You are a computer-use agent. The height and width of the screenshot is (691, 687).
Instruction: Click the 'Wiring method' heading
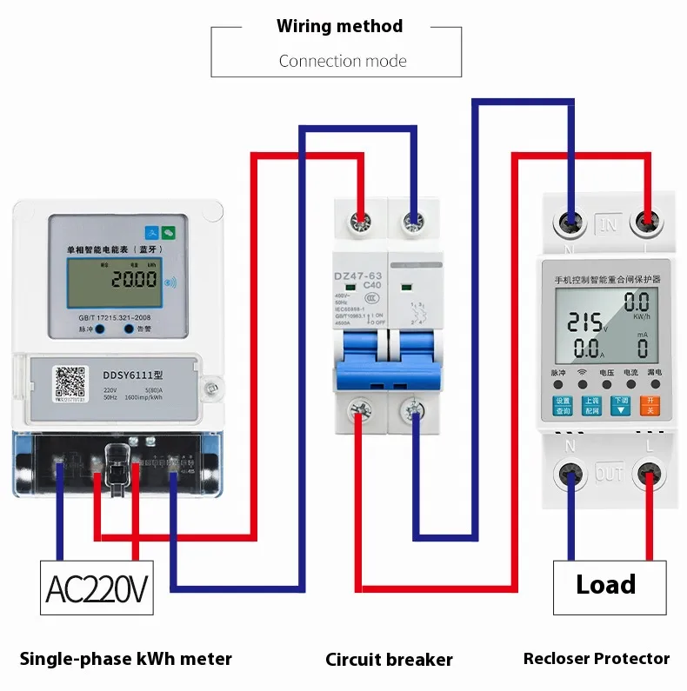[339, 26]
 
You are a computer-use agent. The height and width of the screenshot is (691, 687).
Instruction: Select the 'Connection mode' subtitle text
[343, 61]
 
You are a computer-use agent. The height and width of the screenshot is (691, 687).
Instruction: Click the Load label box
[605, 585]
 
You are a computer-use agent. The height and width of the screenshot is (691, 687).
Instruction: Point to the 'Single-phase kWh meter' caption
[126, 659]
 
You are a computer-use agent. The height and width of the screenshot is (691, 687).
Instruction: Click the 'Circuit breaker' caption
[389, 660]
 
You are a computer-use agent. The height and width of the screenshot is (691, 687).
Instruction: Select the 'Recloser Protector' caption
[597, 659]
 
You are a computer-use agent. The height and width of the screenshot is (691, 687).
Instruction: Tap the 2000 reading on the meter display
[133, 279]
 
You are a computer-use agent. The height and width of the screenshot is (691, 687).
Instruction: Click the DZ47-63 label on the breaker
[360, 276]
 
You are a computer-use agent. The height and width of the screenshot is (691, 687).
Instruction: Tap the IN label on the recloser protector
[609, 224]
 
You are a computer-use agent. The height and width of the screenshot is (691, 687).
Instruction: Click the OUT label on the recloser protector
[609, 474]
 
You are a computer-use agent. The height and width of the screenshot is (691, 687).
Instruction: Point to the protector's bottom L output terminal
[649, 475]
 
